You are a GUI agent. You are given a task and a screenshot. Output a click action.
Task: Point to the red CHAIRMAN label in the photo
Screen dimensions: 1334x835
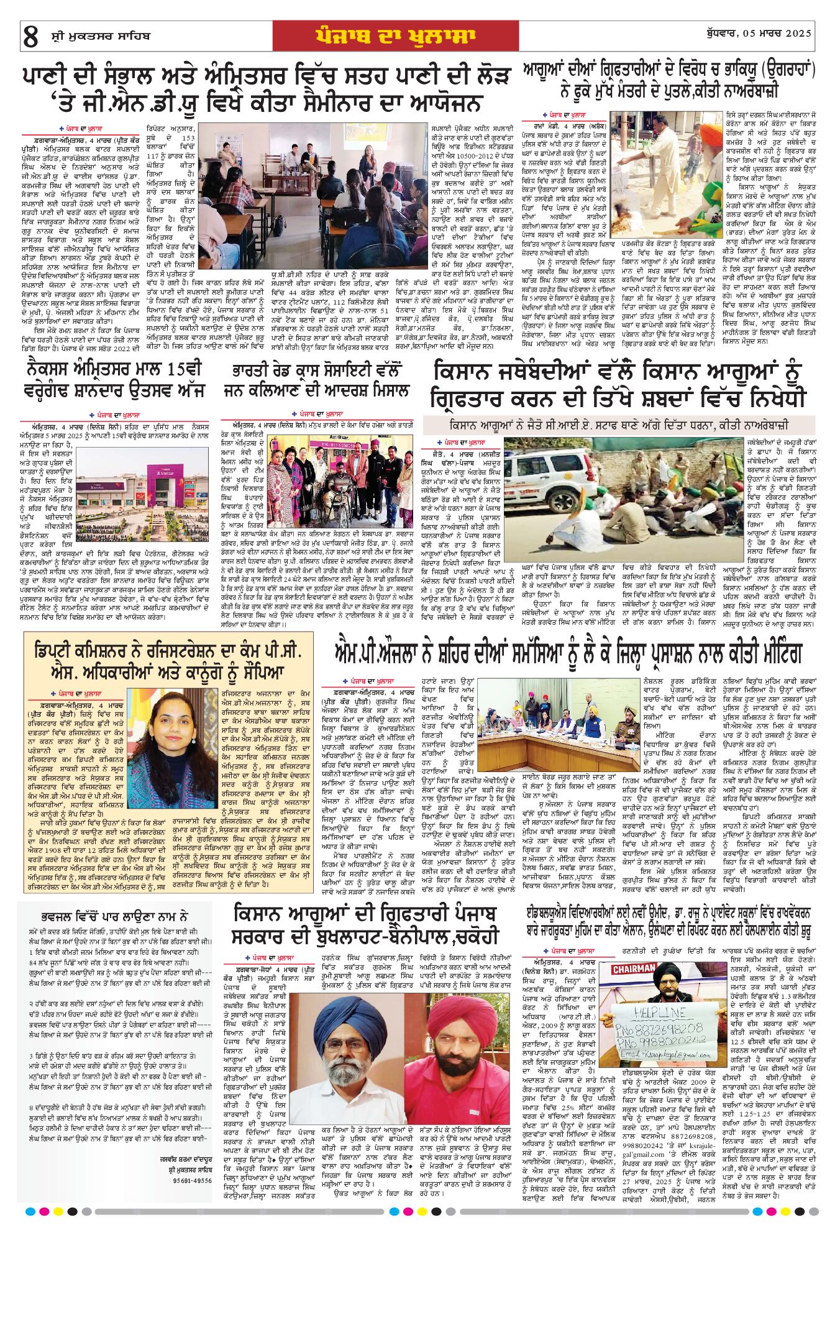click(x=634, y=969)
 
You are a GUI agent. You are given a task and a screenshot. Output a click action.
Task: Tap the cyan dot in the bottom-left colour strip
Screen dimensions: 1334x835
click(x=29, y=1212)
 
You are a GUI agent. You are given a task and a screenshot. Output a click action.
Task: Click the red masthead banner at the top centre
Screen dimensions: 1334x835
click(x=395, y=36)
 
